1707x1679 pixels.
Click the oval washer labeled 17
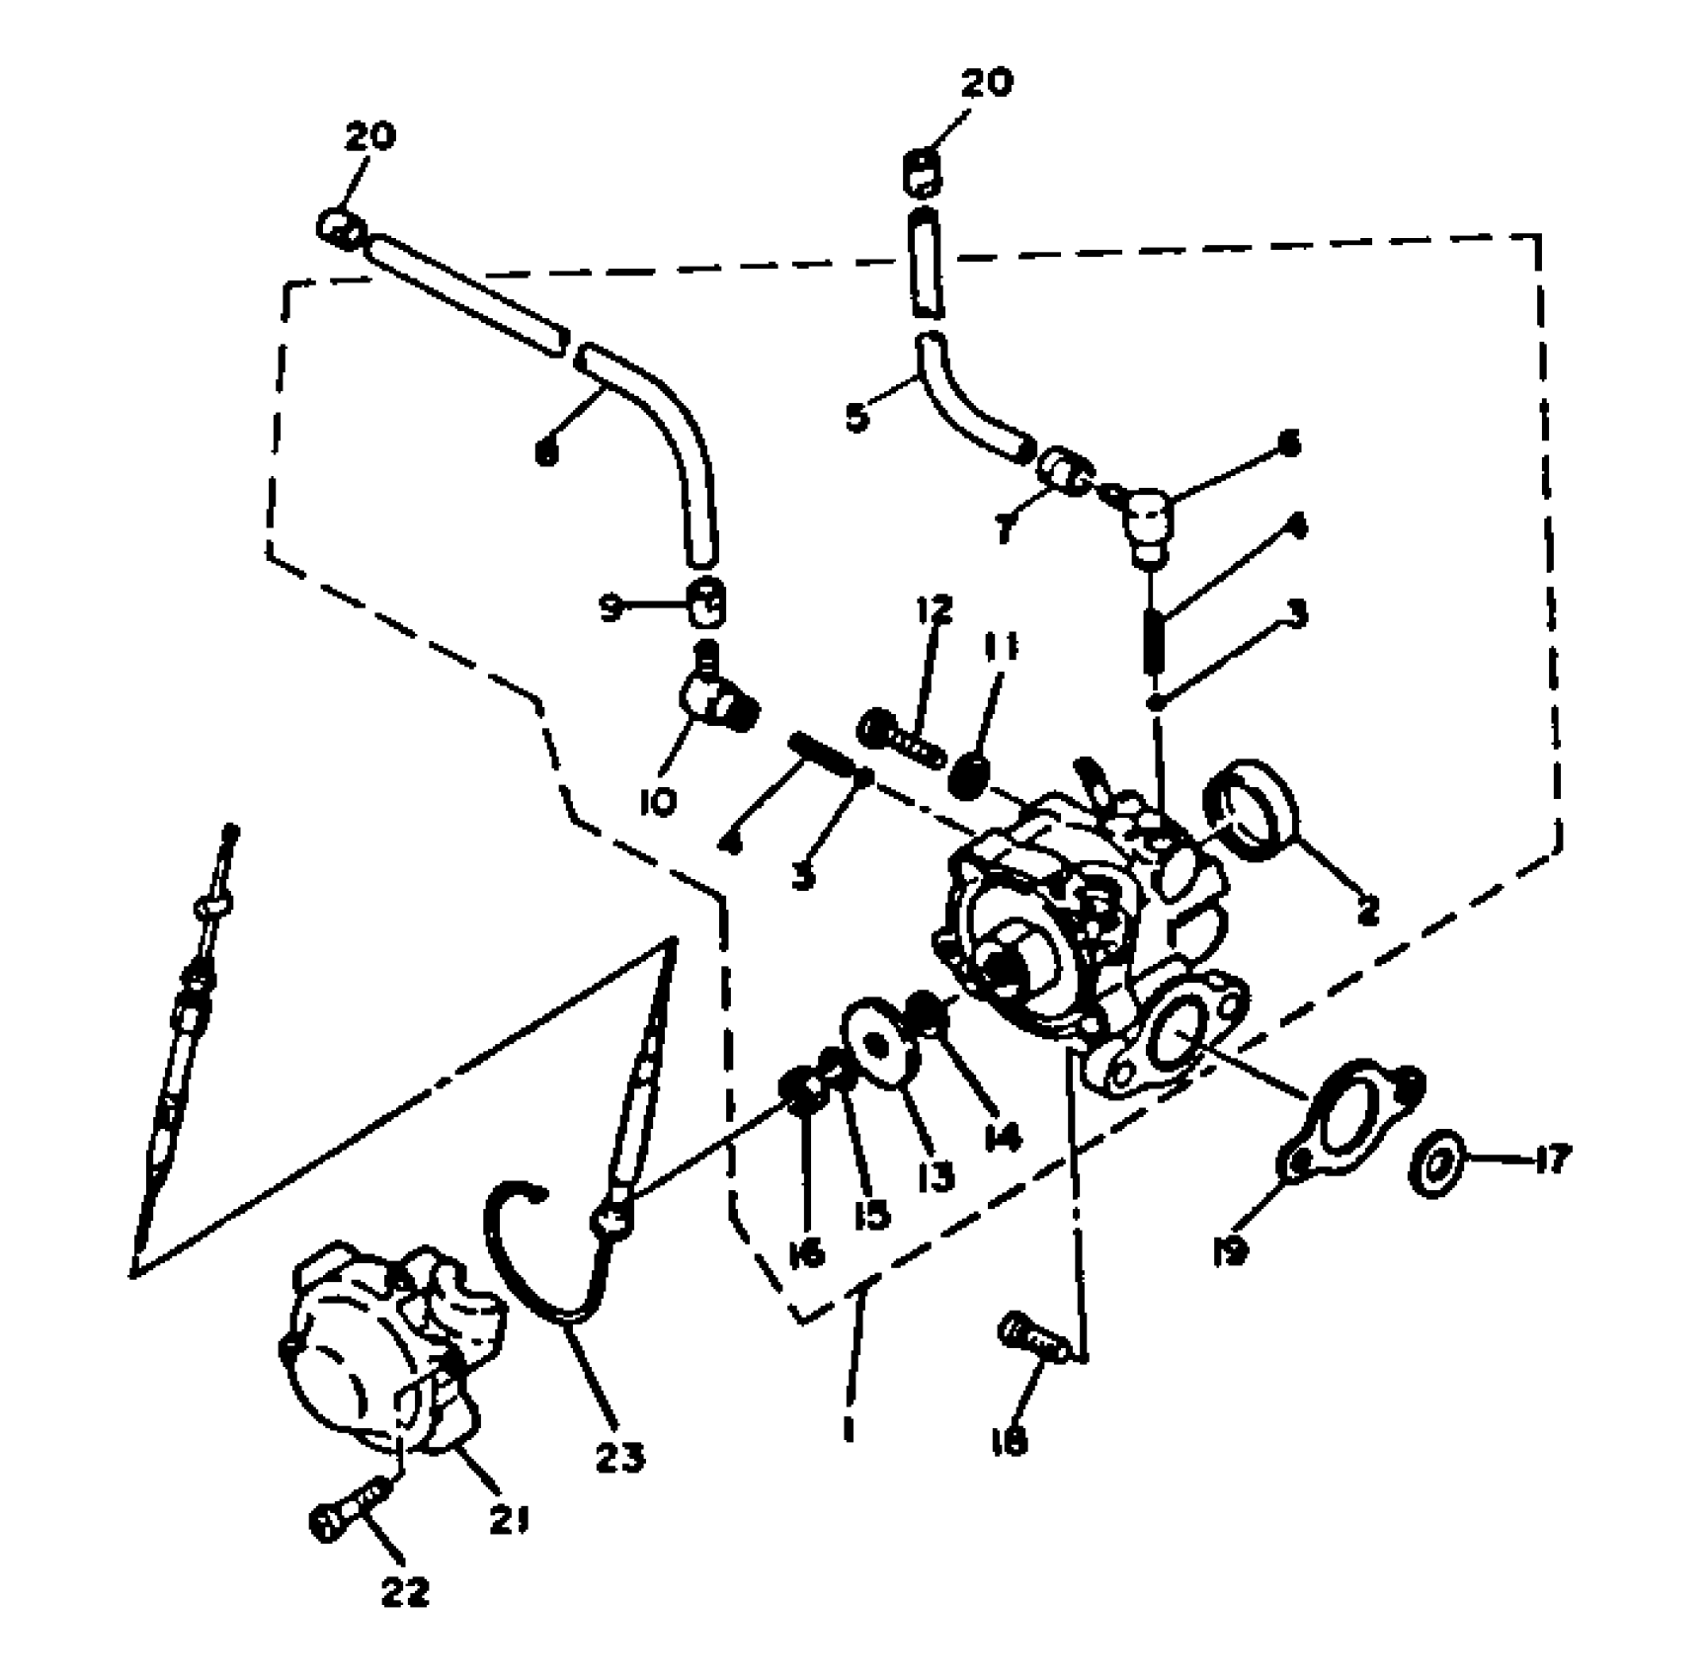pos(1433,1164)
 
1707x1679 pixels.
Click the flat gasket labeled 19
pos(1347,1117)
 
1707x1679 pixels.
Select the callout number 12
pos(934,609)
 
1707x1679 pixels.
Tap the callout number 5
pos(856,417)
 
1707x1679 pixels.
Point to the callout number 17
pos(1552,1158)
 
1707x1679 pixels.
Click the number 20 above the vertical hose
pos(986,83)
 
